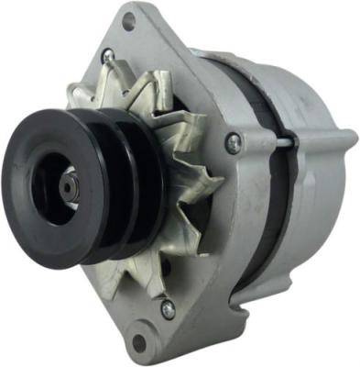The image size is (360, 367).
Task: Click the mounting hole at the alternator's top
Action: click(128, 21)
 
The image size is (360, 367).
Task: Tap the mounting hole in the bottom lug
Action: click(139, 342)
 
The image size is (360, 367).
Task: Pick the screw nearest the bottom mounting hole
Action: click(168, 309)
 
